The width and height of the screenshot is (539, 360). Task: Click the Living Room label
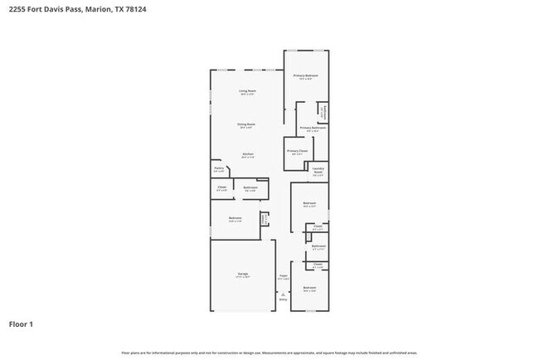coord(247,90)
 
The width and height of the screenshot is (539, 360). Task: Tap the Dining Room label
coord(247,124)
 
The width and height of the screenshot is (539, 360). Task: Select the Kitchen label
coord(247,153)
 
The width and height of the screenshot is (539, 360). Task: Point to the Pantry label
coord(218,168)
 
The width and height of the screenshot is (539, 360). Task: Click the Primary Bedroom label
coord(306,75)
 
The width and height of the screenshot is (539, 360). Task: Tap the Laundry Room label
coord(318,173)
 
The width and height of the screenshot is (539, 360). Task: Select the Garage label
coord(244,273)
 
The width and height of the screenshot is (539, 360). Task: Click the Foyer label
coord(283,275)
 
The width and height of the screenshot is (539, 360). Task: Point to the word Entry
coord(283,299)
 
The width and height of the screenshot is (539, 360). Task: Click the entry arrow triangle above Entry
coord(283,294)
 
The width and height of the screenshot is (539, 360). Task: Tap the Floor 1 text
coord(22,324)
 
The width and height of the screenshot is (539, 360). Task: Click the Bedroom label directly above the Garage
coord(236,218)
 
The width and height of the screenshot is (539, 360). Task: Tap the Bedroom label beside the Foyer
coord(309,288)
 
